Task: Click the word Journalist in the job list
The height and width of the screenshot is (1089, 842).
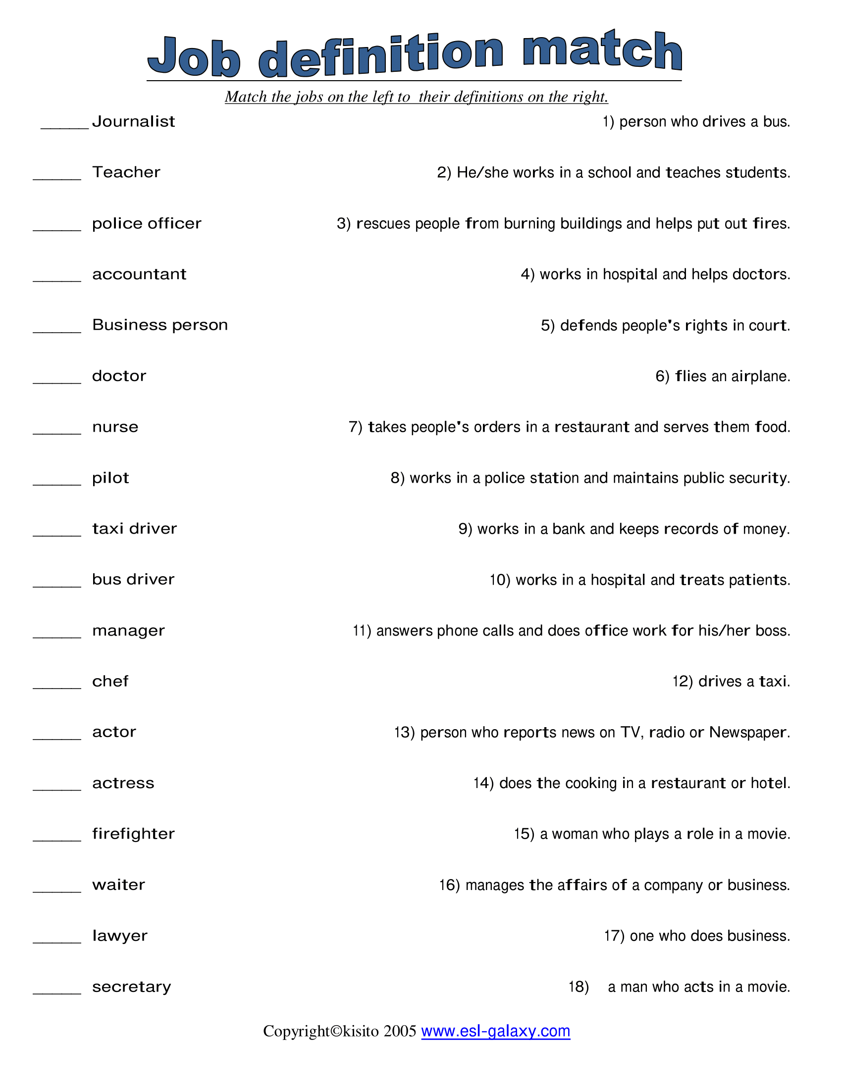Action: [x=134, y=122]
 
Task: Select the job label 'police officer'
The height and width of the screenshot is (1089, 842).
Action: [x=147, y=223]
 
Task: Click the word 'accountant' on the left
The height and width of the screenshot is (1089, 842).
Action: [x=139, y=274]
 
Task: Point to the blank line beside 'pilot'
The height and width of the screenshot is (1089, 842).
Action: [x=57, y=484]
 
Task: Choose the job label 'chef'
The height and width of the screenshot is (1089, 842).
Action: [x=110, y=681]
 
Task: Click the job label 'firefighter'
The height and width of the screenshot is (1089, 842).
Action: [x=134, y=834]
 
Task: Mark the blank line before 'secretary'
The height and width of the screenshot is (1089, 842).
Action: [x=57, y=992]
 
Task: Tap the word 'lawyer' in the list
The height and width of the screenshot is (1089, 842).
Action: [x=120, y=936]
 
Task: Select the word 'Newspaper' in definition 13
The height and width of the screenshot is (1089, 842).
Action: [x=749, y=733]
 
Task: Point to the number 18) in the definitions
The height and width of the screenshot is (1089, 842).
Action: [x=579, y=987]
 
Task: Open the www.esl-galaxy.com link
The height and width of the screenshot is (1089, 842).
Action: [x=495, y=1031]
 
